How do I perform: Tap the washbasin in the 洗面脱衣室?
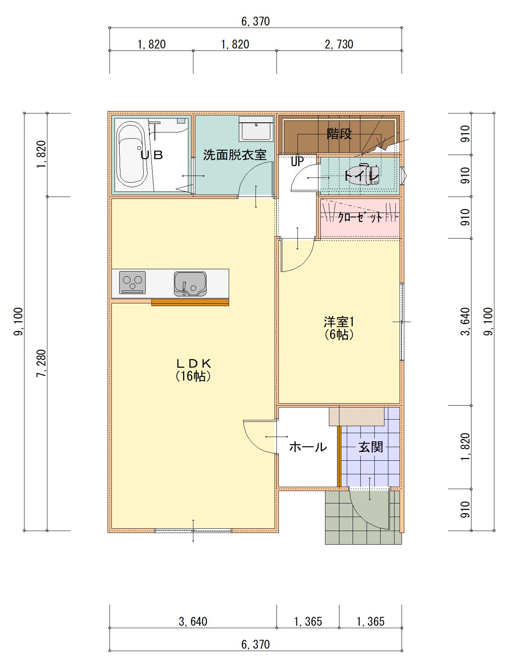[x=256, y=129]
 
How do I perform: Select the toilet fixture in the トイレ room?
[x=363, y=175]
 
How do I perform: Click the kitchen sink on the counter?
[x=190, y=284]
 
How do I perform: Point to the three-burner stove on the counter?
[x=132, y=282]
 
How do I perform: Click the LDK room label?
[x=193, y=364]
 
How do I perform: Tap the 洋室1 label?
[x=339, y=322]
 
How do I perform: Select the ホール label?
[x=308, y=447]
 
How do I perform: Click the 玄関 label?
[x=371, y=447]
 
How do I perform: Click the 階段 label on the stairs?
[x=339, y=134]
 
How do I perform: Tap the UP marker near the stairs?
[x=297, y=161]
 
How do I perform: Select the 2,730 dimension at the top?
[x=339, y=44]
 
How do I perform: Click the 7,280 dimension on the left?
[x=41, y=363]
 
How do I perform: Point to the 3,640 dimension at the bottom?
[x=193, y=622]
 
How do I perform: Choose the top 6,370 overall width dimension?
[x=256, y=21]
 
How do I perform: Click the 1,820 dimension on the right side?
[x=465, y=447]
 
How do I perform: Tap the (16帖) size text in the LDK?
[x=193, y=376]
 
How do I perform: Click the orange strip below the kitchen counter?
[x=190, y=302]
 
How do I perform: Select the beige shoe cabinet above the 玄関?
[x=356, y=416]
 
